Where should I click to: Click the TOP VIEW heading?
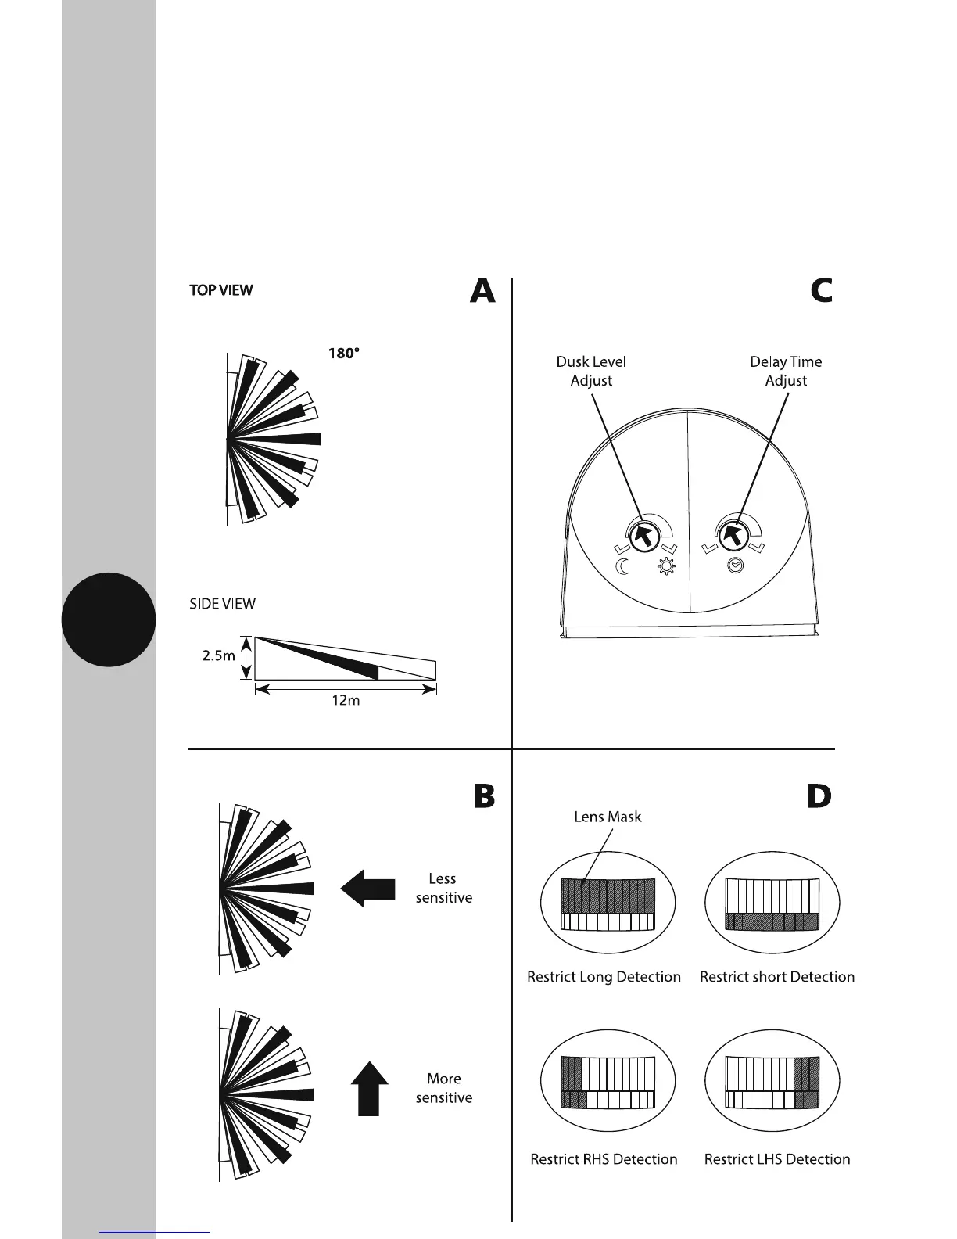(220, 290)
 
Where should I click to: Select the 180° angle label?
(343, 354)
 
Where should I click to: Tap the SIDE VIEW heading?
(223, 604)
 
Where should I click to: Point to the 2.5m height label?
(218, 656)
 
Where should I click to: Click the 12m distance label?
(345, 701)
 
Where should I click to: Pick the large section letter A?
(482, 292)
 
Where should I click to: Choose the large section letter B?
(484, 796)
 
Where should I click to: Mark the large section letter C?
(821, 291)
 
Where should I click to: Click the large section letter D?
(819, 796)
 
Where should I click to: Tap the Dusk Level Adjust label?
(591, 372)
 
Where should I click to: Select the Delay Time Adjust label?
(786, 372)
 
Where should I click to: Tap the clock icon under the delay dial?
(734, 567)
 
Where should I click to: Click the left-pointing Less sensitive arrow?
(367, 889)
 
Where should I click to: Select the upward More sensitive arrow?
(368, 1088)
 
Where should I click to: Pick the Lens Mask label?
(608, 817)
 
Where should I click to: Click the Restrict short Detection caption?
(777, 977)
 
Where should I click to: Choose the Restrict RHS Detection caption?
(604, 1159)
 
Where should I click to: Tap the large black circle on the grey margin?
(109, 619)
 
